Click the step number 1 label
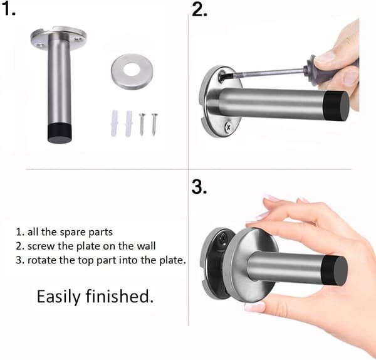click(x=8, y=9)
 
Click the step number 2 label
click(x=199, y=10)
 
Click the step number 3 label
click(x=199, y=187)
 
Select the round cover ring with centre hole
click(x=132, y=71)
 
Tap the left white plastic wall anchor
click(x=115, y=124)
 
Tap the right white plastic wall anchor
click(x=128, y=124)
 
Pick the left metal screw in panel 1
click(x=142, y=124)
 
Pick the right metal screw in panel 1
click(x=154, y=124)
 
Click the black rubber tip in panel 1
click(x=60, y=134)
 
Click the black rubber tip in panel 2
click(x=336, y=106)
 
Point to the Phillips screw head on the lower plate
click(x=228, y=127)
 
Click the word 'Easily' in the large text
click(x=59, y=297)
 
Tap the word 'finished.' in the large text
click(x=120, y=296)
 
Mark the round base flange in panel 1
click(x=58, y=38)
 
